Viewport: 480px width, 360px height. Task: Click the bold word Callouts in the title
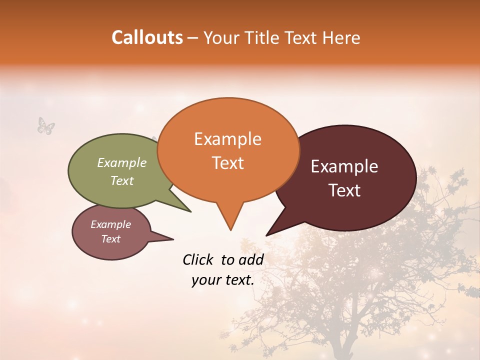tap(147, 37)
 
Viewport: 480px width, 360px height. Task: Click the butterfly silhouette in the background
tap(46, 125)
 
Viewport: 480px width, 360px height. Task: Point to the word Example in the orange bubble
tap(227, 139)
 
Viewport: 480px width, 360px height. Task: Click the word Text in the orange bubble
tap(227, 163)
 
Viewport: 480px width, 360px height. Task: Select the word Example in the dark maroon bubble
tap(344, 166)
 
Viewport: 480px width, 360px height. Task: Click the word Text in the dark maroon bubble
tap(344, 190)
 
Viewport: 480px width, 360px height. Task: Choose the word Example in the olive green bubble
tap(121, 163)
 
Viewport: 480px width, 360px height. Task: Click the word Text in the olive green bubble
tap(121, 181)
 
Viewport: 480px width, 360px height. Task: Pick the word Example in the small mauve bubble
tap(110, 224)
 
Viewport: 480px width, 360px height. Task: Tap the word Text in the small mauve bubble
tap(110, 239)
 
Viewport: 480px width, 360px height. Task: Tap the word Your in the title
tap(219, 37)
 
